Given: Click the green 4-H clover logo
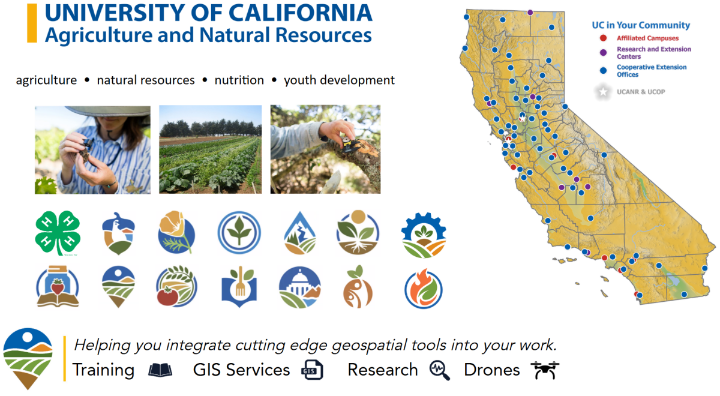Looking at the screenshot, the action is coord(58,233).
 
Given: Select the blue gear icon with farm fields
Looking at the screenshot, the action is coord(424,235).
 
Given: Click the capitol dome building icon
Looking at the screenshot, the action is coord(300,287).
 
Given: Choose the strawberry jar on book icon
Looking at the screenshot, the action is coord(58,286).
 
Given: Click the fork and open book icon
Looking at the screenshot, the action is coord(239,286).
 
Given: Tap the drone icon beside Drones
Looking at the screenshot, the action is coord(545,370).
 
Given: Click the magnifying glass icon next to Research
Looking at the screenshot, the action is coord(440,370).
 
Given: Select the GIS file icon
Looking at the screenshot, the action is coord(312,370).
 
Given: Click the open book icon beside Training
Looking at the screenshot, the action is coord(160,370).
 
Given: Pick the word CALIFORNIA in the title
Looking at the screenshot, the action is coord(300,13).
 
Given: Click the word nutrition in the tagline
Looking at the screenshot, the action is coord(239,80).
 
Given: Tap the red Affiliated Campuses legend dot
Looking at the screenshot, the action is coord(604,38).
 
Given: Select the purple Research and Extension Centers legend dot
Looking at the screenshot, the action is coord(604,52).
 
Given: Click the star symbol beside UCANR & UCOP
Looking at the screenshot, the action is coord(603,92).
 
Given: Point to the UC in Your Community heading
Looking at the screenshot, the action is coord(641,25).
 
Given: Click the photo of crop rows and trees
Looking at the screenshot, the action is coord(210,149).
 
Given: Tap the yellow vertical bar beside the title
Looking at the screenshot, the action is coord(32,23).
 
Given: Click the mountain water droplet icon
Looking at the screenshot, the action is coord(300,233).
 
